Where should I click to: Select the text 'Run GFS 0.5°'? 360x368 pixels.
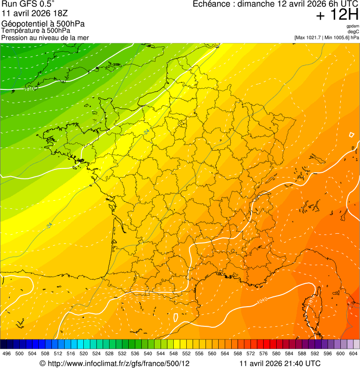[x=28, y=5]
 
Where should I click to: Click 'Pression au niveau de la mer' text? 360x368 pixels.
[x=45, y=37]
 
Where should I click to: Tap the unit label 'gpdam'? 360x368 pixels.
[x=353, y=26]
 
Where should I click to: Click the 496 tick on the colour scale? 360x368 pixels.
[x=7, y=354]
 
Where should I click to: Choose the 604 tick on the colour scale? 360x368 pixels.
[x=353, y=354]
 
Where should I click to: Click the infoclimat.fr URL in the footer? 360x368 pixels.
[x=118, y=363]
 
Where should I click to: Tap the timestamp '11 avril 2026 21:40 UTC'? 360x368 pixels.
[x=280, y=363]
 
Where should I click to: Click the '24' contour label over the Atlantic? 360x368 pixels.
[x=49, y=226]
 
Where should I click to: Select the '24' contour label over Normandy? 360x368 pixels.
[x=147, y=132]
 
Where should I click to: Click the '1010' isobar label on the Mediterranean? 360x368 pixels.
[x=262, y=299]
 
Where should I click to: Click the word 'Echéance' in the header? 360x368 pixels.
[x=213, y=4]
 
